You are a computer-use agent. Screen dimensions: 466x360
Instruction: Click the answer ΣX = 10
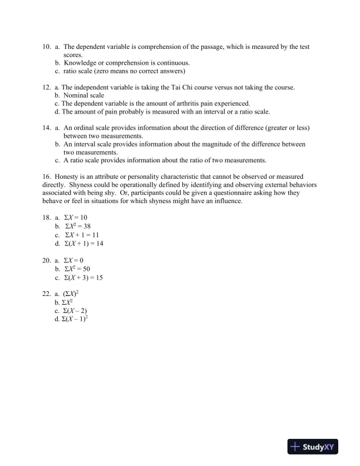pos(75,217)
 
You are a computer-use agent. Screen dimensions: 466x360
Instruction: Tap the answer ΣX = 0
pos(74,259)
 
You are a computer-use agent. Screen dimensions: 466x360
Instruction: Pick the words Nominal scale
pos(84,95)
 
